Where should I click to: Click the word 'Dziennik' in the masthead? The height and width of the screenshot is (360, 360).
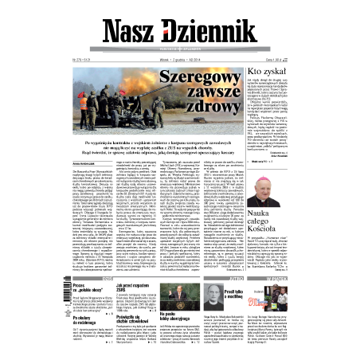[210, 33]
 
